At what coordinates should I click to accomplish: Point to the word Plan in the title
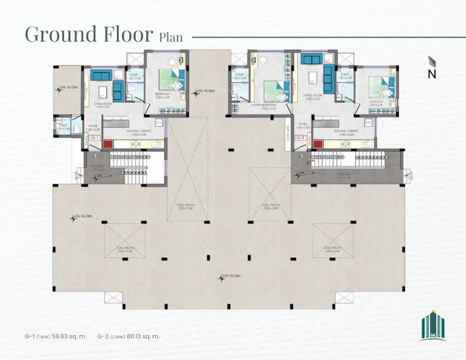[171, 37]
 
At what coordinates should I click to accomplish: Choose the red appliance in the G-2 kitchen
[318, 144]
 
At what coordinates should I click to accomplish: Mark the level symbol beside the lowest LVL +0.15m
[221, 278]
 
